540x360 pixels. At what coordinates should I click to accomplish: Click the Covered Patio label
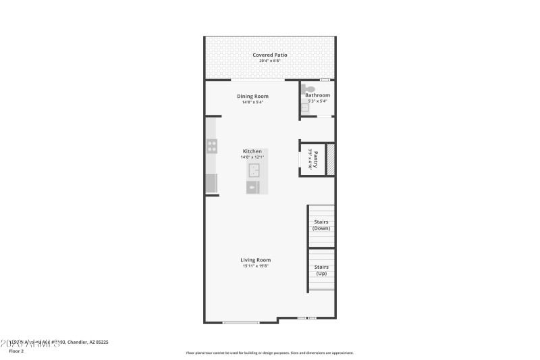coord(270,55)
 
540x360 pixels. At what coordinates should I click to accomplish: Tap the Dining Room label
coord(252,96)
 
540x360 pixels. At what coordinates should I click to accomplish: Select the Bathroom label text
coord(317,95)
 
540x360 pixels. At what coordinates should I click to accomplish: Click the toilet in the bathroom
coord(309,88)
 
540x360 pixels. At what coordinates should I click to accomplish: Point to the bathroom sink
coord(304,107)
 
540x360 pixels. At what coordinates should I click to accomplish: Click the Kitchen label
coord(252,151)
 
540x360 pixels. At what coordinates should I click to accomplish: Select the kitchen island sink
coord(254,169)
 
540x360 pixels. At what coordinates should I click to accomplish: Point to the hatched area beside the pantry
coord(331,159)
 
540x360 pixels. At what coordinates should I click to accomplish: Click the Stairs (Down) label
coord(321,225)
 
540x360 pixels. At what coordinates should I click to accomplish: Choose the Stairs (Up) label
coord(321,270)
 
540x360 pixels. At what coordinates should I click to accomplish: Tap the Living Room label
coord(256,260)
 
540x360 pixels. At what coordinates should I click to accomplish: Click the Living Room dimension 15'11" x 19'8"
coord(256,266)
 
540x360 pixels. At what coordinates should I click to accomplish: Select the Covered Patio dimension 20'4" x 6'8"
coord(270,61)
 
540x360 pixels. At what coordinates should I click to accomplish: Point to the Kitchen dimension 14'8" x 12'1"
coord(252,157)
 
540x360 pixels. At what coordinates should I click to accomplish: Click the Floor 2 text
coord(16,351)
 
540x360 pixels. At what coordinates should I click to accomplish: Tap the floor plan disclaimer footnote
coord(269,353)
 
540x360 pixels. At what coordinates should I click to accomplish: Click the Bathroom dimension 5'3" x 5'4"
coord(317,101)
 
